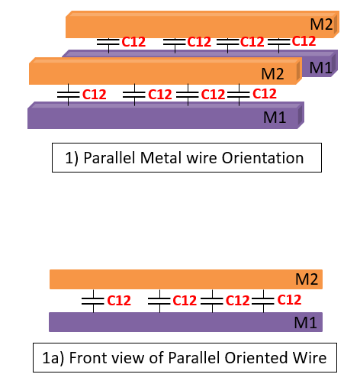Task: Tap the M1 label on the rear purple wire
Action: tap(320, 67)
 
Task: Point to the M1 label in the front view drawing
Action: tap(306, 324)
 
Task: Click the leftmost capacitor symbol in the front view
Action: tap(92, 301)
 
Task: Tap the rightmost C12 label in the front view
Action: tap(291, 300)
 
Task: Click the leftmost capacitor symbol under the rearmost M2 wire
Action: tap(110, 42)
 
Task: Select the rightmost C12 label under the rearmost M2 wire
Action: tap(304, 41)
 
